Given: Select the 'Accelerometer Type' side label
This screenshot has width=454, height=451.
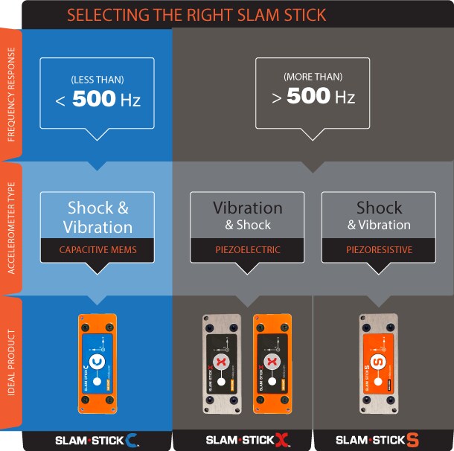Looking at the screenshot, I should coord(10,228).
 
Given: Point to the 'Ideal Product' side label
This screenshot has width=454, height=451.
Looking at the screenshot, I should coord(10,365).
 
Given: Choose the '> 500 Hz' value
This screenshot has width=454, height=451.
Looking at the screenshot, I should coord(313,97).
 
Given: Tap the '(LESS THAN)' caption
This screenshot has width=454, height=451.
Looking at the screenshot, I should coord(97,79).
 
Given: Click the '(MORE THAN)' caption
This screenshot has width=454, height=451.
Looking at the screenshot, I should coord(313,77).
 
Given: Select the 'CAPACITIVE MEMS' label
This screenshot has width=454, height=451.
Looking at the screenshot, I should coord(97,250).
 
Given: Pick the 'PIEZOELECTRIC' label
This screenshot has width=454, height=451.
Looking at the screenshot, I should coord(247,250).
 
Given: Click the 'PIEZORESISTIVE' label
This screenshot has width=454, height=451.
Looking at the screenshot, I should coord(379,250).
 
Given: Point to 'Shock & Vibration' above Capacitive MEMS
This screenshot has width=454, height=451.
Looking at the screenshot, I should coord(97,217).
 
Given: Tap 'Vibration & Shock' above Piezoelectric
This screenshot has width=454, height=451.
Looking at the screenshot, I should coord(247,214).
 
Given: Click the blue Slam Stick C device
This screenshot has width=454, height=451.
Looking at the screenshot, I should coord(97,363).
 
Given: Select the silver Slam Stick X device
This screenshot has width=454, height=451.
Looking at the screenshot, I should coord(221,363).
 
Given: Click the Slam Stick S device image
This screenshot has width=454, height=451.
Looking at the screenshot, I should coord(377,363).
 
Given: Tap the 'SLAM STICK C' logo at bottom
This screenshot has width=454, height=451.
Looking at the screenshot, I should coord(97,440).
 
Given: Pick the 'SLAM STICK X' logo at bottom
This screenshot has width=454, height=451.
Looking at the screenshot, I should coord(247,440).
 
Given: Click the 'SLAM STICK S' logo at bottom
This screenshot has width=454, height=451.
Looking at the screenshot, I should coord(377,440).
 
